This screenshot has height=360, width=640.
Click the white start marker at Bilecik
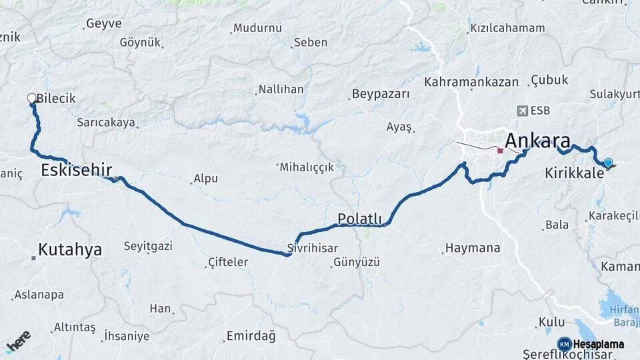click(31, 99)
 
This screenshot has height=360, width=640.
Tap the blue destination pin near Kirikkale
click(607, 162)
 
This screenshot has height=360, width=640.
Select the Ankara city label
click(537, 141)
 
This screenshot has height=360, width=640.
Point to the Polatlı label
click(359, 219)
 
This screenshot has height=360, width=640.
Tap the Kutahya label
click(69, 250)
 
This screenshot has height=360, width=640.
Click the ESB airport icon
click(521, 110)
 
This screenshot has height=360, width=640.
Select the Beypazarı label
click(381, 94)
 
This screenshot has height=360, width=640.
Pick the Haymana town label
click(472, 248)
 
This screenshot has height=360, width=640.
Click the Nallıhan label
click(281, 89)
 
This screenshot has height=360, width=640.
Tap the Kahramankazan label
click(471, 82)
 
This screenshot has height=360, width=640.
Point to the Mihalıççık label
click(307, 167)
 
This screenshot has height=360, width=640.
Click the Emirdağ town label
click(251, 336)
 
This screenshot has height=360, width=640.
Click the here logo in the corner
click(17, 343)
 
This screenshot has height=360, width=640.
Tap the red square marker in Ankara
click(500, 151)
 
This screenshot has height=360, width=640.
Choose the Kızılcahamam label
click(507, 28)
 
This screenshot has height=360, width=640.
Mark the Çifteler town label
click(227, 262)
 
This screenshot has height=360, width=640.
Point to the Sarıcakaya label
click(106, 123)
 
